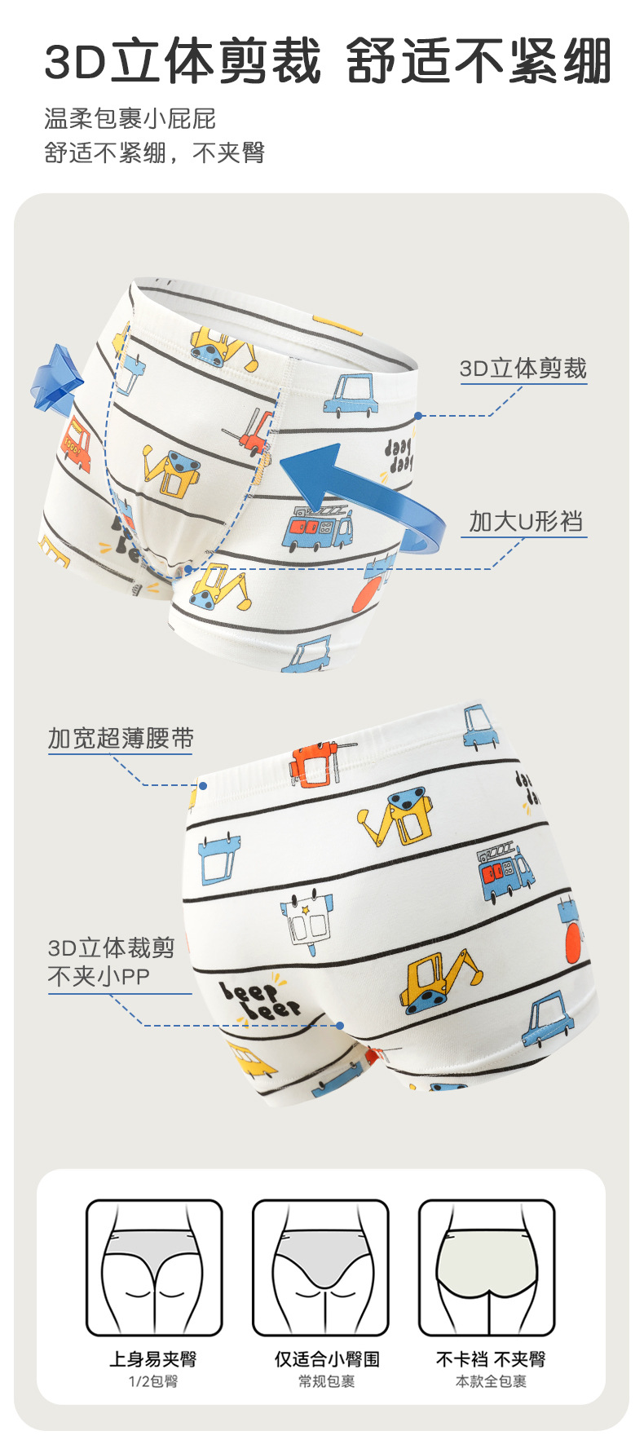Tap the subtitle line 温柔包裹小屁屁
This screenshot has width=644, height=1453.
[130, 119]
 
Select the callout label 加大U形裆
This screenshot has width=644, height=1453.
[526, 521]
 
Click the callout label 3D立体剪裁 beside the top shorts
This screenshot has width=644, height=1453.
[523, 369]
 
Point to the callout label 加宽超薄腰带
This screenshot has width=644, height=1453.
[121, 739]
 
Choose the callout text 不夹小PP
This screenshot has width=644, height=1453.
[99, 976]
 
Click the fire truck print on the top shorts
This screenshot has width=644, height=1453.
[317, 528]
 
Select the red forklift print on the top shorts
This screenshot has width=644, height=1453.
[254, 432]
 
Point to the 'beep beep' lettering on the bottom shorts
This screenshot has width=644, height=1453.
[258, 1002]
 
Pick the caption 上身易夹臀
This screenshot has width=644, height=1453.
[153, 1359]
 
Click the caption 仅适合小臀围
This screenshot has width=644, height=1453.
[326, 1359]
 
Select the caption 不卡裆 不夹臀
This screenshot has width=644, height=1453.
[491, 1359]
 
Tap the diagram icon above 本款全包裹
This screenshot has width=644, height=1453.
[487, 1267]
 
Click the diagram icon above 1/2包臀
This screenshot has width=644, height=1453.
[154, 1267]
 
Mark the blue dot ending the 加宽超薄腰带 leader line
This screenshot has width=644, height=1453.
[203, 785]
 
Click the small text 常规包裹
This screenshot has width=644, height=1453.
[326, 1381]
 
